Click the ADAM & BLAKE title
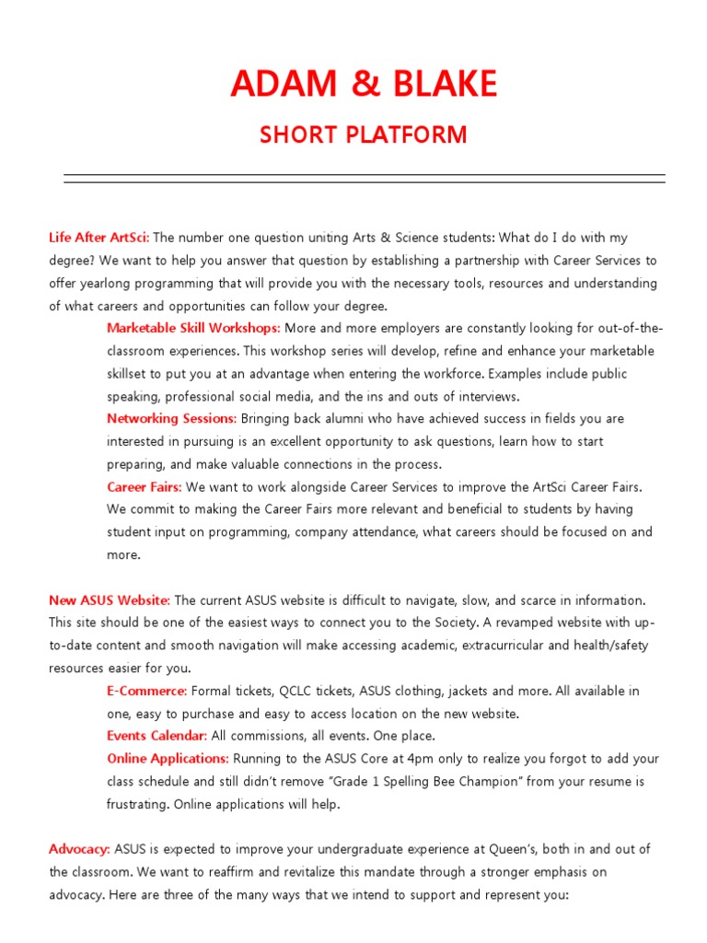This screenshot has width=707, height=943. (x=364, y=85)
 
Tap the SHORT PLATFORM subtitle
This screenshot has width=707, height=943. (x=364, y=135)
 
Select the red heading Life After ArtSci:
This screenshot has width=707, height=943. (x=99, y=238)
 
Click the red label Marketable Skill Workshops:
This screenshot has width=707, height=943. (x=193, y=328)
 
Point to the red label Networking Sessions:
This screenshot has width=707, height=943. (x=171, y=418)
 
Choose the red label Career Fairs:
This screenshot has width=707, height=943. (x=144, y=486)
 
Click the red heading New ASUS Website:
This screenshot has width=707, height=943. (x=110, y=600)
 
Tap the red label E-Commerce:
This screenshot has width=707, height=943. (x=146, y=691)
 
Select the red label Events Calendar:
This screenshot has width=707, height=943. (x=156, y=736)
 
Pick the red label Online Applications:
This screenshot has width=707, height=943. (x=168, y=759)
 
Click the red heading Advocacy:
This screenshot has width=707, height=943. (x=79, y=849)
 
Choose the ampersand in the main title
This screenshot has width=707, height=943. (x=364, y=85)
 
